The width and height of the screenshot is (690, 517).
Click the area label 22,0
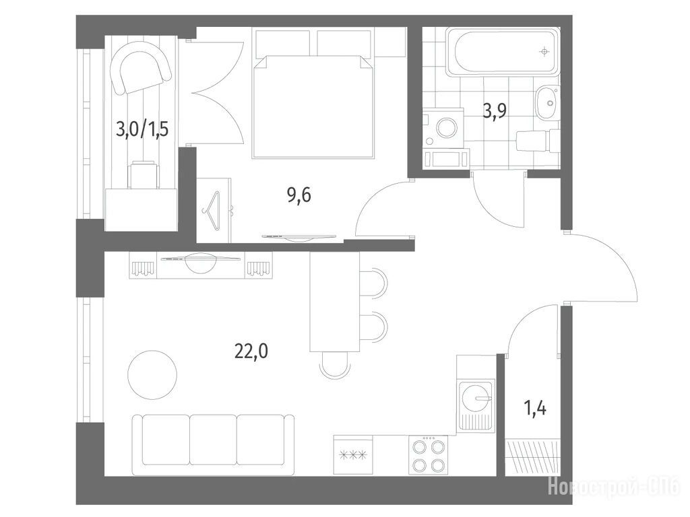click(x=251, y=351)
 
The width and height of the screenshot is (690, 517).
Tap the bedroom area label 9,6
click(x=299, y=195)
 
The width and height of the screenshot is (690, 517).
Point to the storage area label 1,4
click(x=535, y=409)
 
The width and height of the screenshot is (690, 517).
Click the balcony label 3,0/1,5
click(x=142, y=130)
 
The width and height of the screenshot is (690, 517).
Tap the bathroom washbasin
click(x=548, y=103)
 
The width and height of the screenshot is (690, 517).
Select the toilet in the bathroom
click(x=538, y=141)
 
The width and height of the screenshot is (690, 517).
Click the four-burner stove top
click(x=428, y=455)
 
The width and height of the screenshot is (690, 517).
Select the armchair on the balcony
click(x=140, y=70)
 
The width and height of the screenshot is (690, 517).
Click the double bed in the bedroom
click(x=313, y=106)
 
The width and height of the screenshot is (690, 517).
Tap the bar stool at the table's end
click(x=334, y=365)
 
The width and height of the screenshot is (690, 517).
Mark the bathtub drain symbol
click(x=544, y=52)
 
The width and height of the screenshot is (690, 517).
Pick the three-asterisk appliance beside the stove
click(x=353, y=455)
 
